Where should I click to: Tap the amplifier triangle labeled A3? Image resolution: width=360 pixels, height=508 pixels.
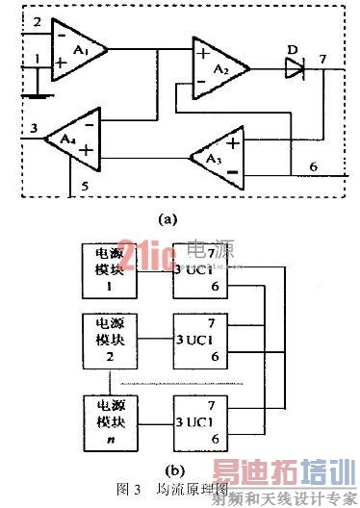(215, 159)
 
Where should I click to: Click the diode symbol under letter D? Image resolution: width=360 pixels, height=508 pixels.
(294, 67)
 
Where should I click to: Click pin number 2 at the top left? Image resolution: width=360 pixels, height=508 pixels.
(37, 20)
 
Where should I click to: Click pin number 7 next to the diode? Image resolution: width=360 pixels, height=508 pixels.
(322, 60)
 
